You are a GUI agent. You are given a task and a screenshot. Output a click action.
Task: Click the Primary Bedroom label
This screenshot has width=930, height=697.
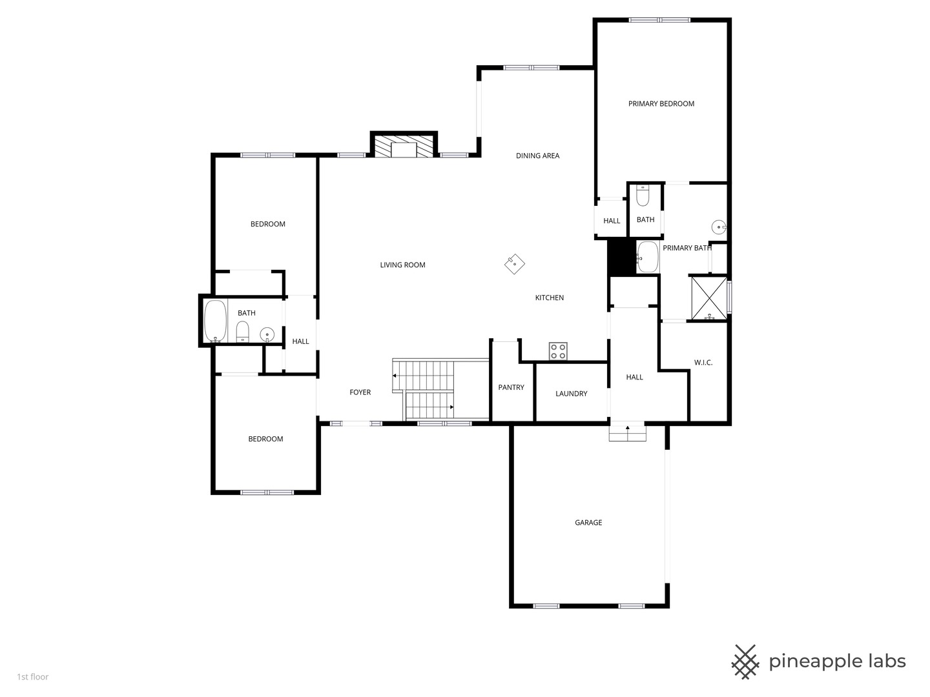tap(661, 104)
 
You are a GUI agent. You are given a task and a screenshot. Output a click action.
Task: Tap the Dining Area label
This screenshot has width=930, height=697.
tap(537, 156)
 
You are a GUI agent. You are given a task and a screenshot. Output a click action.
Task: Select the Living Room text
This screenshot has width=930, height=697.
tap(402, 265)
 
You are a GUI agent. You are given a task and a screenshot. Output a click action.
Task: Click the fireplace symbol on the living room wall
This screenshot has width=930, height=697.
tap(404, 145)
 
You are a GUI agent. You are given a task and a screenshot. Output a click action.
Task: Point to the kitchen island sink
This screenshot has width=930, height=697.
tap(514, 263)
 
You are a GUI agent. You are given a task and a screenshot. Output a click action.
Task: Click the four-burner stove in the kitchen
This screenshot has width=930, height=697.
tap(558, 351)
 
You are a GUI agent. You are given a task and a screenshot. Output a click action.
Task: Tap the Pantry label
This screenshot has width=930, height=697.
tap(511, 388)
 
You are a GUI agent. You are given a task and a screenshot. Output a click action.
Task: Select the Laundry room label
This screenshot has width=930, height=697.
tap(571, 394)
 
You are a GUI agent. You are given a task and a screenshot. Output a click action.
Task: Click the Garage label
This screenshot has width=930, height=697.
tap(588, 523)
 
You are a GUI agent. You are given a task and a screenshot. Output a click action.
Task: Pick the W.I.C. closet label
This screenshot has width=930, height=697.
tap(703, 363)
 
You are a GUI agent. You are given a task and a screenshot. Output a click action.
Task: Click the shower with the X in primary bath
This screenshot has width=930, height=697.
tap(708, 298)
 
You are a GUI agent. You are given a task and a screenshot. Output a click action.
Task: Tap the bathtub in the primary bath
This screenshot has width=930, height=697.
tap(647, 258)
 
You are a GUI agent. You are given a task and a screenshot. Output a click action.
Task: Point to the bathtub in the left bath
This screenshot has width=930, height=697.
tap(215, 321)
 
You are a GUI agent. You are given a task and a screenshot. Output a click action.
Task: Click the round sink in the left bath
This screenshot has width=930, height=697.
tap(267, 334)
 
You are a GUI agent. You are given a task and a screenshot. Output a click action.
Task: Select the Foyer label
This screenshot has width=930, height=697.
tap(360, 392)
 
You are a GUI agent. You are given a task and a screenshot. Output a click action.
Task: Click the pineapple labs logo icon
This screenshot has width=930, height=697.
tap(745, 662)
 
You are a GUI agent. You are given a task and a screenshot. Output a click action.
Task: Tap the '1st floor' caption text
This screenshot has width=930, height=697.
tap(32, 677)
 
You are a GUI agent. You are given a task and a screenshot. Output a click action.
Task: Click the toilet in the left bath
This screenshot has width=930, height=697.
tap(242, 332)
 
